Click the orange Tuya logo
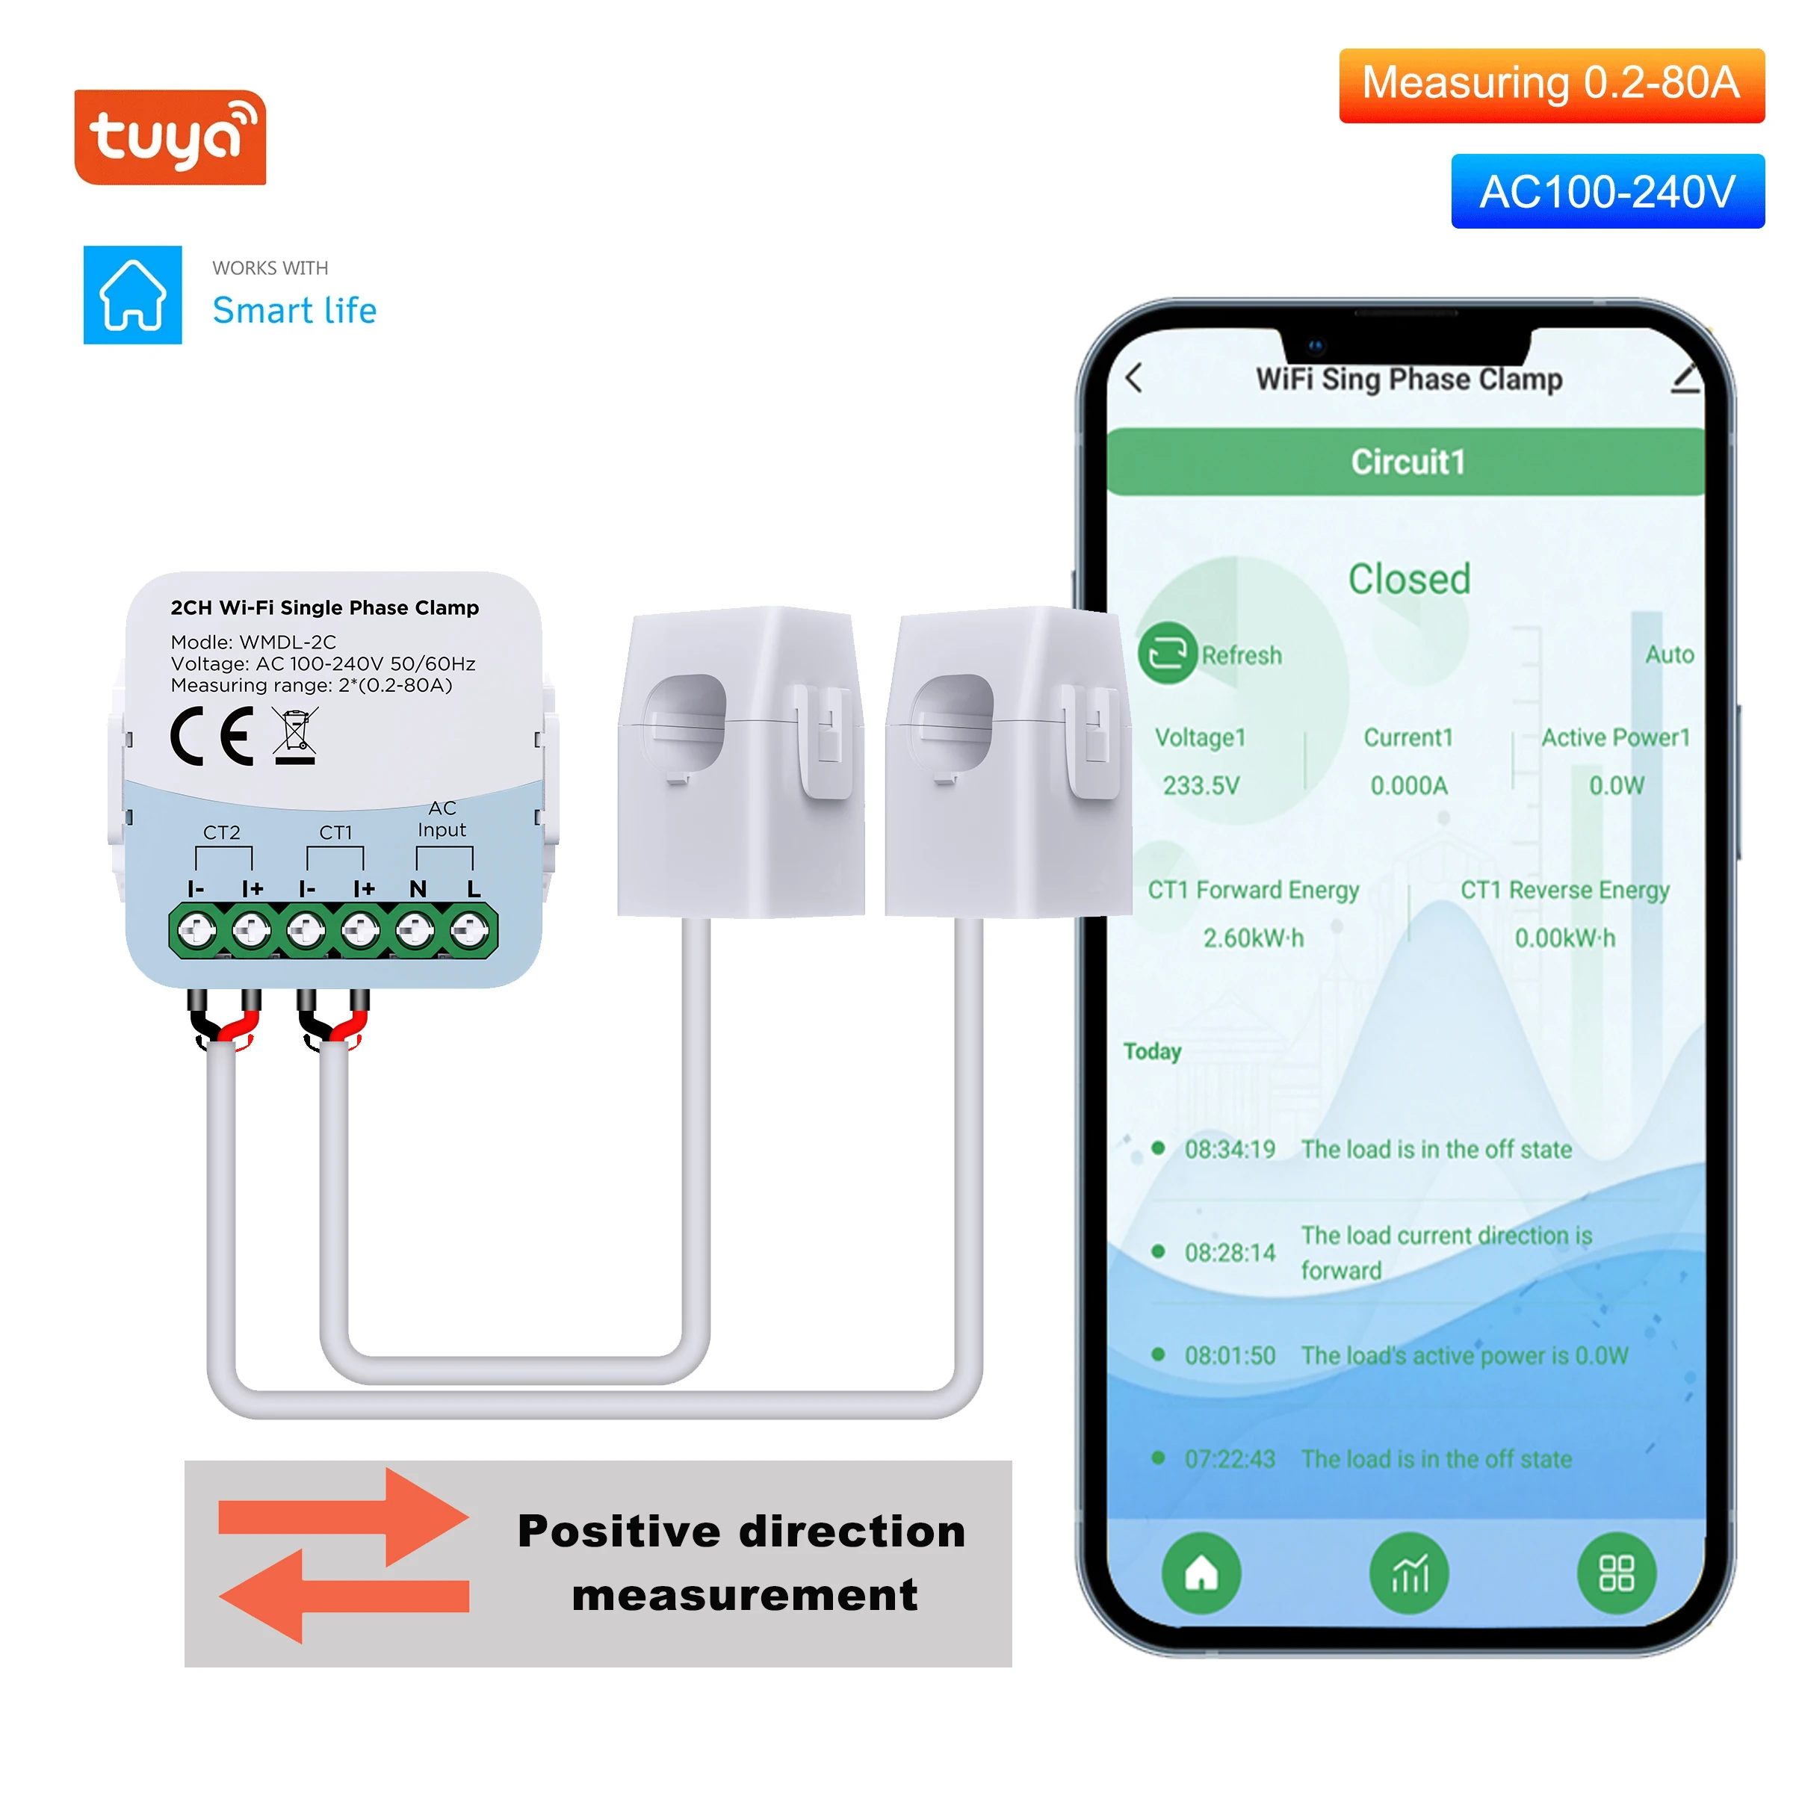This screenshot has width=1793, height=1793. click(x=170, y=137)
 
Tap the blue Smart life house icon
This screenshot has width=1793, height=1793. click(x=133, y=295)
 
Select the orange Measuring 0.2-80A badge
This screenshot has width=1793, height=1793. click(x=1551, y=84)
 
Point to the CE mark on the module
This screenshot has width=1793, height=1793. click(x=212, y=736)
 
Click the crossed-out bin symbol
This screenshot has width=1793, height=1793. click(x=296, y=736)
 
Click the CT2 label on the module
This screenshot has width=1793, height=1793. click(x=222, y=832)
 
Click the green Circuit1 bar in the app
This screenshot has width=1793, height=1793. click(x=1407, y=461)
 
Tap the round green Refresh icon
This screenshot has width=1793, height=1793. click(x=1166, y=654)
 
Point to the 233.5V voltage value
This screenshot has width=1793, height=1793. click(x=1201, y=785)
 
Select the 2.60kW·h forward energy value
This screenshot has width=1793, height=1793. click(x=1253, y=938)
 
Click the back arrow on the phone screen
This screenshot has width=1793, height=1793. click(x=1134, y=379)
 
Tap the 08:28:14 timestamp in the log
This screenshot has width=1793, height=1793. click(x=1230, y=1253)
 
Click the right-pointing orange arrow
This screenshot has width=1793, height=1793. click(x=344, y=1517)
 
